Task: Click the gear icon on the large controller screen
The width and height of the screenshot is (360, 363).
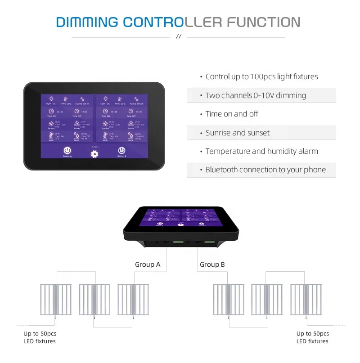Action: point(94,154)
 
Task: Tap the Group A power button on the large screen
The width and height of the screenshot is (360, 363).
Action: point(67,150)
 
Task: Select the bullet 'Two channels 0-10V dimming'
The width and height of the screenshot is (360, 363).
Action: point(255,95)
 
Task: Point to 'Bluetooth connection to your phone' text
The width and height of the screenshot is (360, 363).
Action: point(265,170)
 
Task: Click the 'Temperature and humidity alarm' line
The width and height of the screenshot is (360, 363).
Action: point(261,151)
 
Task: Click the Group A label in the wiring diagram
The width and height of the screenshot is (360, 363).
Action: point(148,264)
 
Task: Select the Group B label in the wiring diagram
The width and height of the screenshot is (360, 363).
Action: point(212,264)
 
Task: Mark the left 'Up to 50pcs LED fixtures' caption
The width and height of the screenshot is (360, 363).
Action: point(40,337)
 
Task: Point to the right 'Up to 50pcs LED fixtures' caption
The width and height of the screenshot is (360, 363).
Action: point(313,337)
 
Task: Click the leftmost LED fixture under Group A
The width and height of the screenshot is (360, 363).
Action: point(56,299)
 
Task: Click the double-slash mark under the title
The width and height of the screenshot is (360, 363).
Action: point(178,37)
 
